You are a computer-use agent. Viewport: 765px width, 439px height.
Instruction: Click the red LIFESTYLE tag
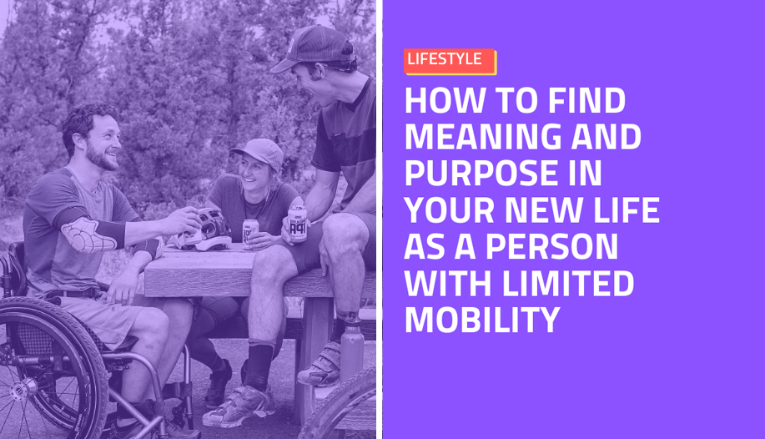click(450, 61)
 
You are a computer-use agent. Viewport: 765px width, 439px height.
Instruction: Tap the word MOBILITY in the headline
click(482, 320)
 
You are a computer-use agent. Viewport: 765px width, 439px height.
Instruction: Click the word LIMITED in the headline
click(568, 283)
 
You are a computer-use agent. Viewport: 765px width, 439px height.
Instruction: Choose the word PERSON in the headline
click(551, 246)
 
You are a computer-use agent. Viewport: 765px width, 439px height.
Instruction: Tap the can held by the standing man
click(297, 223)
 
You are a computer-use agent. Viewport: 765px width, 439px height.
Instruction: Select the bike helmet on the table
click(208, 230)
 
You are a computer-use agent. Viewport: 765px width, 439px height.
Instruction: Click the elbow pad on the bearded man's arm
click(88, 235)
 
